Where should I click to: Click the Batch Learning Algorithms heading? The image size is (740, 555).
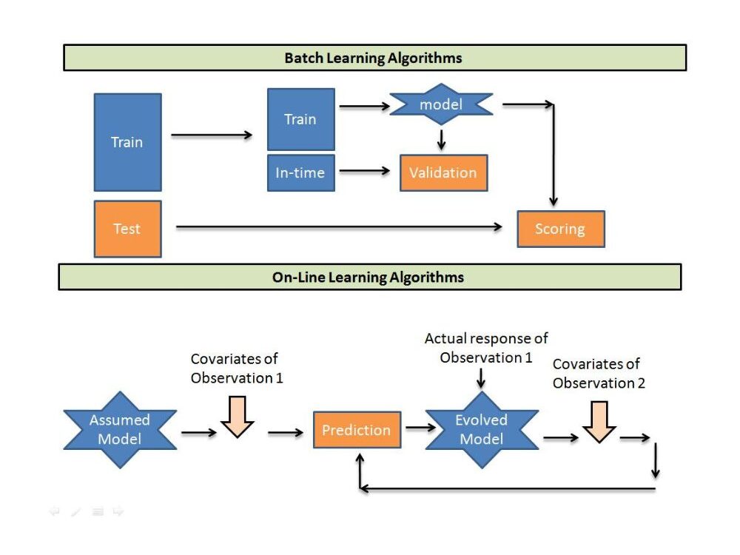[374, 58]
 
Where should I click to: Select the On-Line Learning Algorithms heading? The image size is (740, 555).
[369, 277]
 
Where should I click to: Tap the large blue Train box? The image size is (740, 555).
[127, 142]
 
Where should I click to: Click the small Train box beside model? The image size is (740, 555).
[300, 119]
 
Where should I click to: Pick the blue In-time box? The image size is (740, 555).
[300, 172]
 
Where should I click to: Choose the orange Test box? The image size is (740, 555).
[127, 229]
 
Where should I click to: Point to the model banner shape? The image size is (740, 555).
[441, 105]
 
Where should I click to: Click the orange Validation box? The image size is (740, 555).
[443, 173]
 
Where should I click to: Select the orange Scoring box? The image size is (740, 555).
[560, 229]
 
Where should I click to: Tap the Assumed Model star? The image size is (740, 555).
[120, 430]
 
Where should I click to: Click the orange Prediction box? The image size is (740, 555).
[356, 430]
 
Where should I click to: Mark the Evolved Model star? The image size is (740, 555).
[481, 430]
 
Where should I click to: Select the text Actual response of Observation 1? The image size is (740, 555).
[486, 348]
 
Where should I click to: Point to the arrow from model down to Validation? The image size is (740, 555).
[441, 139]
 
